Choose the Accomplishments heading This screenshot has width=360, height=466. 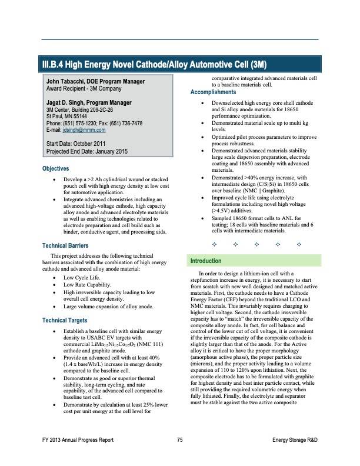coord(212,92)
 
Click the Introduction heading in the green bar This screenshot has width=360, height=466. coord(205,277)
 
